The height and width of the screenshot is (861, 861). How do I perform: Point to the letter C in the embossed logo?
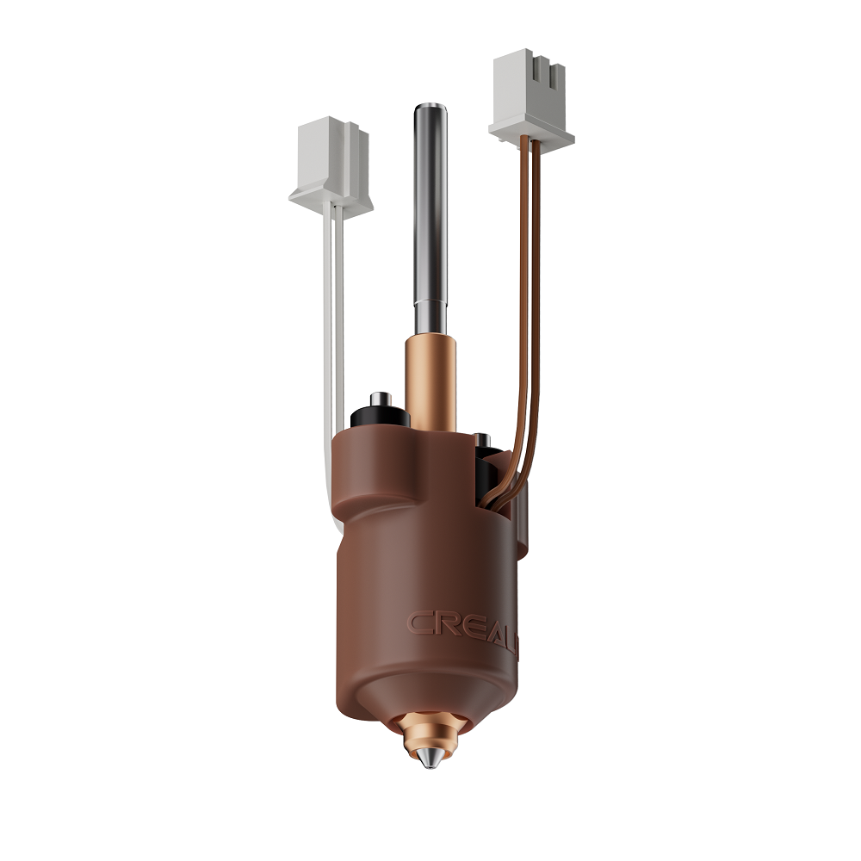(x=419, y=623)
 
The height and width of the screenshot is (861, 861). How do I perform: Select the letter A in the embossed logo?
(x=492, y=624)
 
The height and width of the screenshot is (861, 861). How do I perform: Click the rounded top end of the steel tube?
(x=428, y=109)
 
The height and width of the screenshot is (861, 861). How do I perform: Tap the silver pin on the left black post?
(x=377, y=399)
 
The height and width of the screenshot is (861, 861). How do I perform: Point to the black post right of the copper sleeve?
(x=486, y=465)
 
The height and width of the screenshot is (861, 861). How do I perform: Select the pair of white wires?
(x=332, y=327)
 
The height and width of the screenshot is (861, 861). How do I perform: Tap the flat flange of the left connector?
(x=331, y=198)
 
